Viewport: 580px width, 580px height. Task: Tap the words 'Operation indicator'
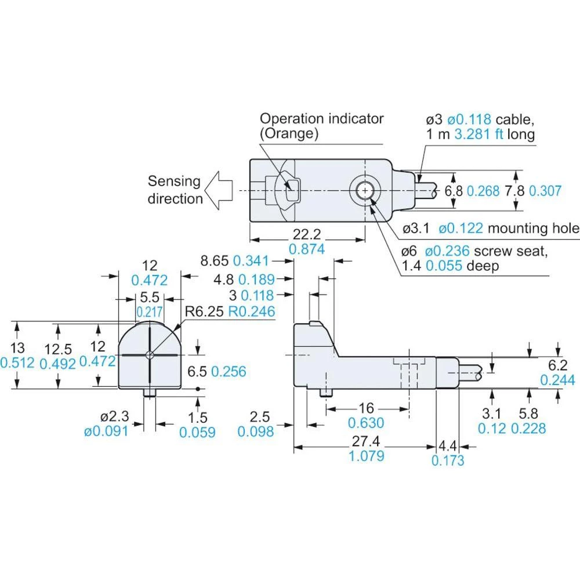321,118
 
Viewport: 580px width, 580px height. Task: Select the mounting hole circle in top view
364,189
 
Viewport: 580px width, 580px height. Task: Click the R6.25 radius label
205,311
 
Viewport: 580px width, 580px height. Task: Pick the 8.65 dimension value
215,260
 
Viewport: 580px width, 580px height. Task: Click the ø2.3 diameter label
113,416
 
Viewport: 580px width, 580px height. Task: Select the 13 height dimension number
17,348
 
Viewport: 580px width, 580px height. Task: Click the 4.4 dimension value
448,446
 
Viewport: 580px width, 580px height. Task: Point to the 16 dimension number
366,408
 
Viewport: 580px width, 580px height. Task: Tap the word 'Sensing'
174,181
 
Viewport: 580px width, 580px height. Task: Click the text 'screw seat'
510,251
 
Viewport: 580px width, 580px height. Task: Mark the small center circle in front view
150,355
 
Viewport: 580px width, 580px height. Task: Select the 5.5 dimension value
150,297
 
